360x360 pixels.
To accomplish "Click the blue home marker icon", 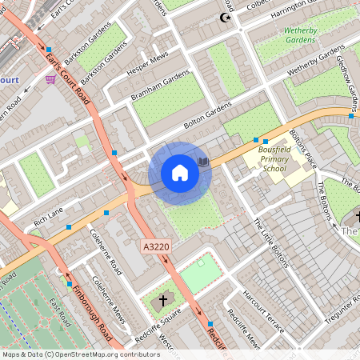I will (x=180, y=173).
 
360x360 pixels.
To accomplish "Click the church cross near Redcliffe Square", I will (x=163, y=302).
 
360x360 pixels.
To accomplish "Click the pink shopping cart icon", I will (x=51, y=78).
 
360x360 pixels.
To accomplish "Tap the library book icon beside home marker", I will (x=203, y=162).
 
